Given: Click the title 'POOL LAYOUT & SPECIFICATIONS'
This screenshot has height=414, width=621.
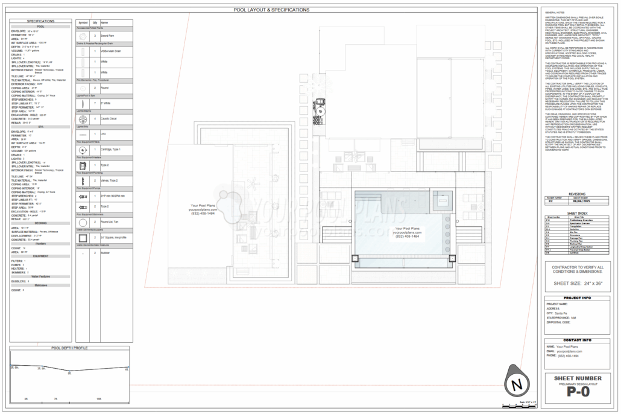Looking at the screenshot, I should tap(271, 10).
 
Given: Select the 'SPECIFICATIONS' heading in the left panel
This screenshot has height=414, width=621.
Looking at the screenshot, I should tap(40, 21).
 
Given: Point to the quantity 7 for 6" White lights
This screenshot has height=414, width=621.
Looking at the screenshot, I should tap(95, 103).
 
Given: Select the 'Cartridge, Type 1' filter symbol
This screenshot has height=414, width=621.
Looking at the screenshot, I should tap(83, 149).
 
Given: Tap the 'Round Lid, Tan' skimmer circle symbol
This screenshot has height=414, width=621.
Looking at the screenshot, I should tap(83, 222).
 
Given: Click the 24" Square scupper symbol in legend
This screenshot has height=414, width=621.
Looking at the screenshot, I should tap(83, 238).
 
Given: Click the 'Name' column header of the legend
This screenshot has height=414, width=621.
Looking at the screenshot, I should tap(104, 22).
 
